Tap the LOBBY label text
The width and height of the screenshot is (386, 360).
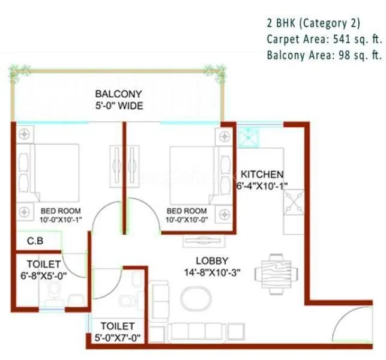(212, 260)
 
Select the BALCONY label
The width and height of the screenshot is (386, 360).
(118, 94)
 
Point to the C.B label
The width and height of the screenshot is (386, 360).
(35, 242)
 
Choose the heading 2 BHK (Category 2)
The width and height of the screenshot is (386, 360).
(313, 23)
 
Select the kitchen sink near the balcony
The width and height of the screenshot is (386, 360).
(247, 137)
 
